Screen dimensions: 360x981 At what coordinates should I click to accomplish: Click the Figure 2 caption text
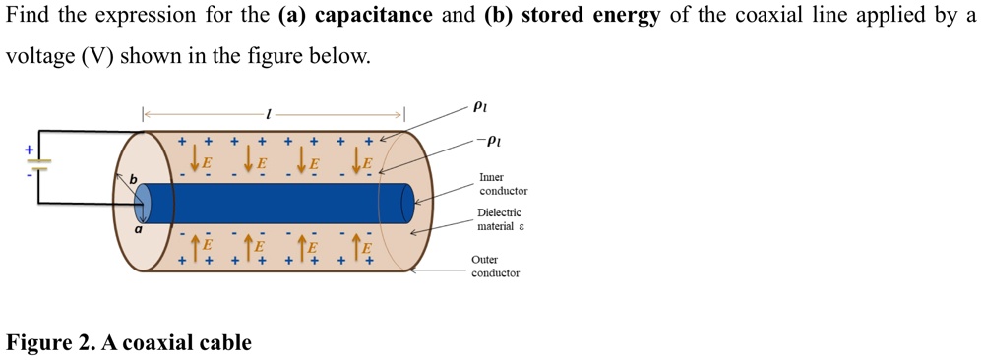129,343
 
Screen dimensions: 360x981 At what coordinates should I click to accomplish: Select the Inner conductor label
503,184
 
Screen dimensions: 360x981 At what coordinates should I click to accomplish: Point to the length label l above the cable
269,115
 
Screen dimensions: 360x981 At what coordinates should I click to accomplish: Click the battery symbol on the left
38,164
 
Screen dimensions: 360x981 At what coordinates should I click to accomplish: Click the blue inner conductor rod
276,203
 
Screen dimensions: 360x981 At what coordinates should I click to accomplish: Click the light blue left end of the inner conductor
143,204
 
